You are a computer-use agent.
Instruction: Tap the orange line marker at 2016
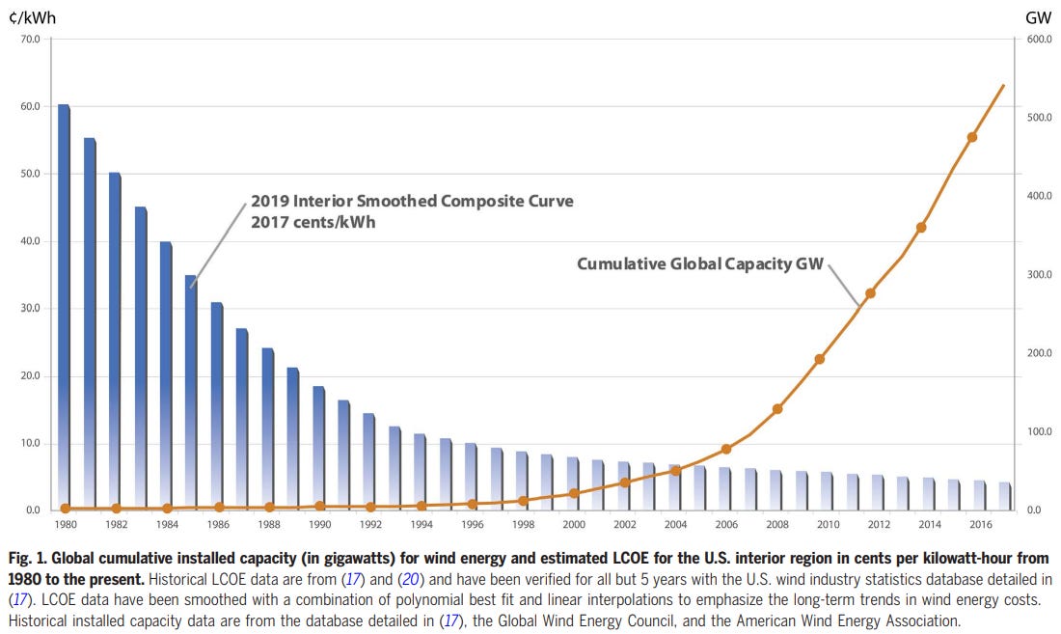tap(971, 137)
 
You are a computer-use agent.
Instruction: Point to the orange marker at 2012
tap(870, 293)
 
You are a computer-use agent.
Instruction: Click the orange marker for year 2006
tap(726, 449)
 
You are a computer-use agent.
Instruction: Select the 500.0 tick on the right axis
tap(1040, 119)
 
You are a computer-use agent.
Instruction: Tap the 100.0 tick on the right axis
tap(1040, 431)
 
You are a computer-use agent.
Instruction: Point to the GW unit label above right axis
tap(1038, 18)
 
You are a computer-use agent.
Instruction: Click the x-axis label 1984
tap(167, 525)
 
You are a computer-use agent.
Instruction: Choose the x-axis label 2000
tap(574, 525)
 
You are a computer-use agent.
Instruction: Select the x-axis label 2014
tap(930, 525)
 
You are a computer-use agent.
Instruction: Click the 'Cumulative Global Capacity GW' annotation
tap(700, 263)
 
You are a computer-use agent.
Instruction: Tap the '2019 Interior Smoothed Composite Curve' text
tap(412, 202)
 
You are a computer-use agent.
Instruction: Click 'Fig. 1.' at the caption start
tap(30, 559)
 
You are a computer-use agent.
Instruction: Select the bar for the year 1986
tap(217, 405)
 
